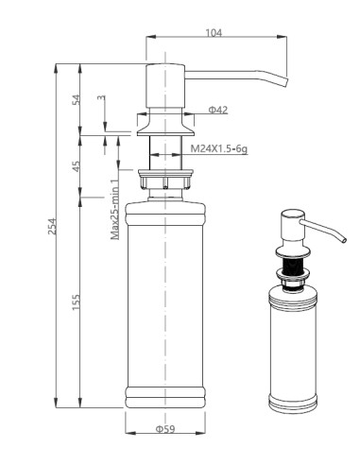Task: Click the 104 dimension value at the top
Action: pos(214,33)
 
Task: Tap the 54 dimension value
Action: pos(77,100)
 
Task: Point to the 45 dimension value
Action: pos(77,166)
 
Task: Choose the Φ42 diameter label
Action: pos(217,110)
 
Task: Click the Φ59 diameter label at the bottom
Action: pos(164,428)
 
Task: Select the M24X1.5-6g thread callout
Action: pos(218,149)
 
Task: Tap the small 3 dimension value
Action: pos(101,98)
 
